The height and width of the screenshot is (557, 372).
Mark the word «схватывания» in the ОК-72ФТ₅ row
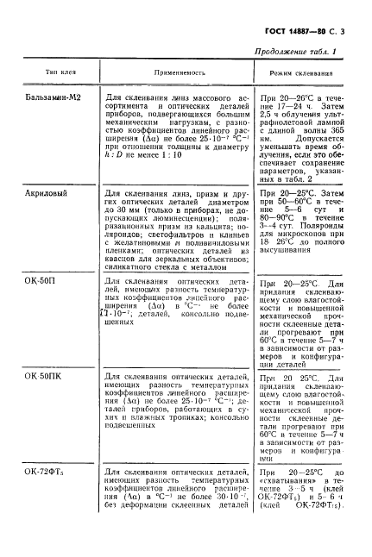(281, 485)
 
